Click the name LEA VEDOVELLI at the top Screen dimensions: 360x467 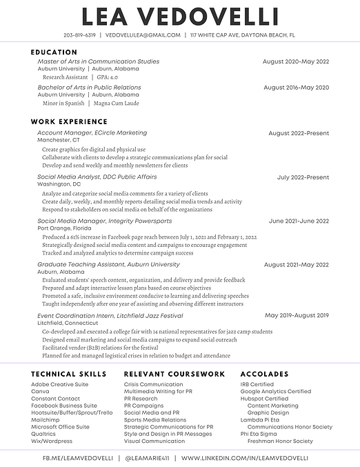[179, 17]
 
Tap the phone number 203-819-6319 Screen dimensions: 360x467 [79, 34]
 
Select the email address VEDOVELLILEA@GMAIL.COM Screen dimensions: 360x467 [143, 34]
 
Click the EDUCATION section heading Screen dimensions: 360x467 [54, 52]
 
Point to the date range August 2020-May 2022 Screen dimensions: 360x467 [296, 61]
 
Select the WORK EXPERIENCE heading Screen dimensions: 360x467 [69, 122]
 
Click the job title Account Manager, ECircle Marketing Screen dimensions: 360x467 [92, 132]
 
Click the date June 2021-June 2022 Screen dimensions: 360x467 [299, 221]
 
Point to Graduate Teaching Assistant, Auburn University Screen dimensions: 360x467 [108, 264]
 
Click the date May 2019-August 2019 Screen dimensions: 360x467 [297, 315]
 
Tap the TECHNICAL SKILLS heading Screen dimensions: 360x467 [68, 374]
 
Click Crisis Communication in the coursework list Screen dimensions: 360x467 [153, 384]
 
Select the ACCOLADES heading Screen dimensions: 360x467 [264, 374]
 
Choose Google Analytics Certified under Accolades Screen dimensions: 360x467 [275, 392]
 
